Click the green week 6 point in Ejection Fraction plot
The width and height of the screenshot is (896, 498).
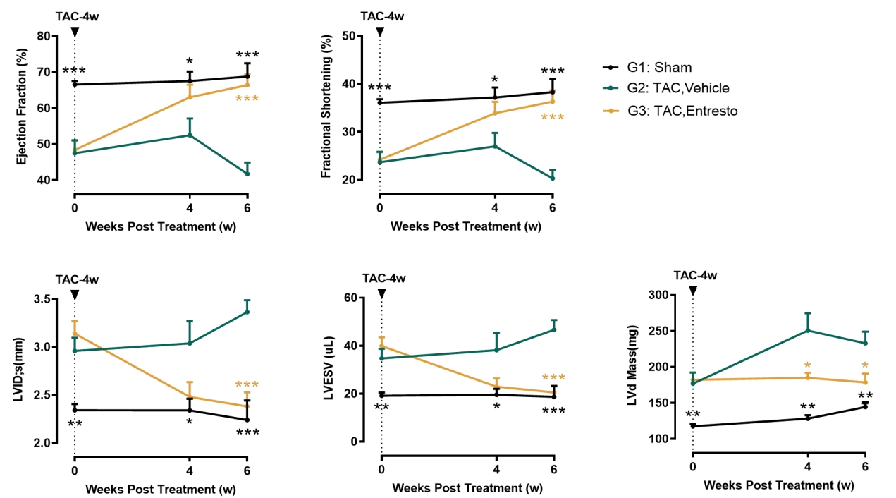tap(247, 174)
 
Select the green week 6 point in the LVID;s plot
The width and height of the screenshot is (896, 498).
tap(247, 312)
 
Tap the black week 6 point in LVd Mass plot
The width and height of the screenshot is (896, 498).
tap(865, 406)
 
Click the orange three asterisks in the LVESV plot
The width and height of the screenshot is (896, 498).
tap(553, 377)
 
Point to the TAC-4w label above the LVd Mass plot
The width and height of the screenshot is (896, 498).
tap(695, 275)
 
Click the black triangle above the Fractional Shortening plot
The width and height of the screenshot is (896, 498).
tap(380, 31)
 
